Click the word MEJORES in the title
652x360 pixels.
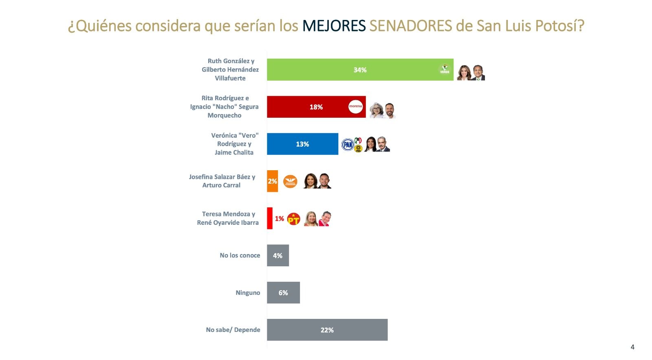click(x=334, y=26)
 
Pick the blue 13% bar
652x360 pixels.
click(x=302, y=144)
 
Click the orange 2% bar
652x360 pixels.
click(x=272, y=181)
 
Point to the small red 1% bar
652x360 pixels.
click(x=269, y=218)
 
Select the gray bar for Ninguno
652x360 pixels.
click(x=283, y=293)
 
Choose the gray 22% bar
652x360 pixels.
click(x=327, y=330)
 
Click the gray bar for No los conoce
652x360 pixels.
click(x=278, y=256)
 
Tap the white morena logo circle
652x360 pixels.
click(x=355, y=107)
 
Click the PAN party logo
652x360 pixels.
click(x=348, y=145)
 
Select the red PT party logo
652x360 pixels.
click(x=293, y=219)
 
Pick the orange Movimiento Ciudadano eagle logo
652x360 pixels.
click(x=290, y=182)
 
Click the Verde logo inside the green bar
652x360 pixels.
click(x=444, y=70)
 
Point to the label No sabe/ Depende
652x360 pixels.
click(x=233, y=330)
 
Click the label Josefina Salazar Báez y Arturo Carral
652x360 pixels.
click(x=222, y=181)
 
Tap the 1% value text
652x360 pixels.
click(x=279, y=219)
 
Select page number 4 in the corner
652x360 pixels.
click(x=632, y=347)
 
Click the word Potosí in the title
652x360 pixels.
click(x=559, y=26)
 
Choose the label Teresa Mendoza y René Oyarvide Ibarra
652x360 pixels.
click(x=228, y=218)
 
